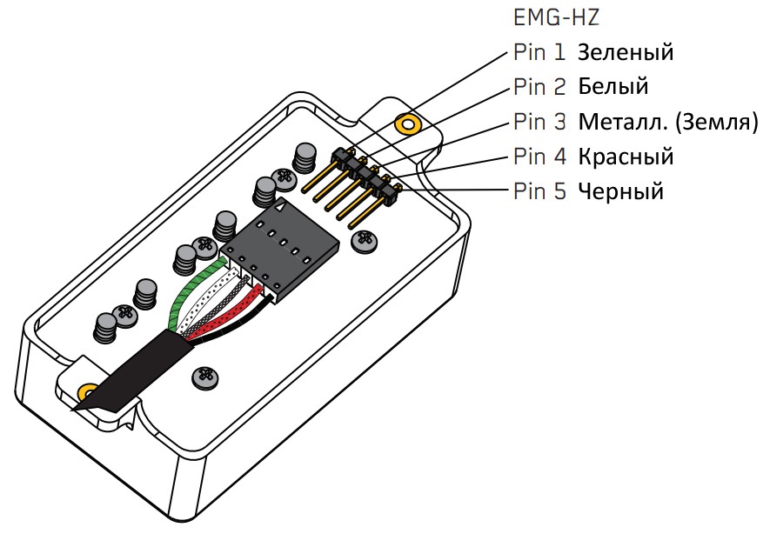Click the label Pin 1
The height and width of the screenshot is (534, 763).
point(539,52)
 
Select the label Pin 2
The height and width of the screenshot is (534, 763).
point(539,86)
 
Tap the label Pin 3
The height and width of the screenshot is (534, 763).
point(539,121)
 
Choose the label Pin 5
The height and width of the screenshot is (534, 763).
point(539,190)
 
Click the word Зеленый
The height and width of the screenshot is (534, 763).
point(626,52)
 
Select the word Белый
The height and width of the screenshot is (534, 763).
point(613,86)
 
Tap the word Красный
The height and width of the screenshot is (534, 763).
point(626,157)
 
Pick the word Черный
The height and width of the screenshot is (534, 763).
point(620,190)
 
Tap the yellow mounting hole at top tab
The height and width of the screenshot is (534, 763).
point(405,123)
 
